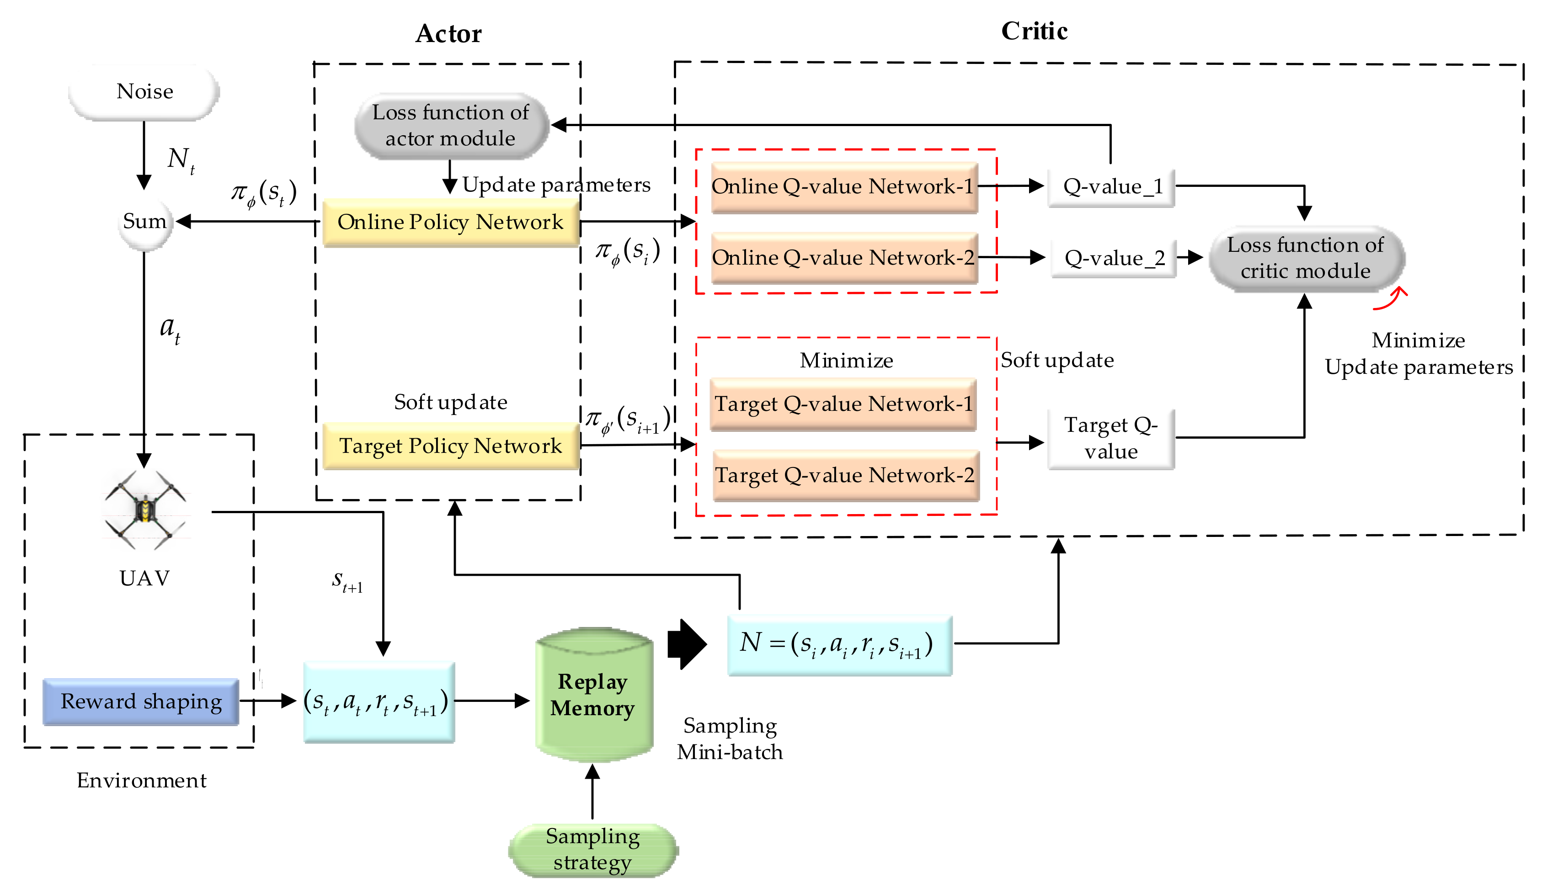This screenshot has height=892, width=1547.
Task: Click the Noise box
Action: tap(144, 92)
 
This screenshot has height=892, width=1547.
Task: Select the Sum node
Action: tap(144, 222)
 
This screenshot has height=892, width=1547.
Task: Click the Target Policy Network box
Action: tap(450, 446)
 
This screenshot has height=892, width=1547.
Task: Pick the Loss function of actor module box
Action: tap(451, 126)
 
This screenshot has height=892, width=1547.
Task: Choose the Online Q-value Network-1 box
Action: tap(844, 187)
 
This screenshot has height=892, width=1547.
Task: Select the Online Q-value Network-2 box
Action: tap(844, 258)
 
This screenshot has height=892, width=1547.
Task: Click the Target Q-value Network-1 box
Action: tap(843, 404)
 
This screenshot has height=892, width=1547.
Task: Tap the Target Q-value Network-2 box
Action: tap(846, 475)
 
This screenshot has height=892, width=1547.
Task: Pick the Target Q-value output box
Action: tap(1111, 439)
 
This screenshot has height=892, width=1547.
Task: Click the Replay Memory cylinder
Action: tap(594, 694)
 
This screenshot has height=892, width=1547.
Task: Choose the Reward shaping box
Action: tap(141, 701)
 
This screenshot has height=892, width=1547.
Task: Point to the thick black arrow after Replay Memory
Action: tap(687, 644)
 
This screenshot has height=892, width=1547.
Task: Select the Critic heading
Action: tap(1034, 31)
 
